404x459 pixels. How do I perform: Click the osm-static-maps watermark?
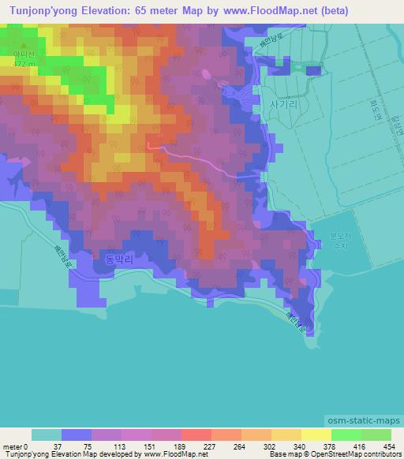366,423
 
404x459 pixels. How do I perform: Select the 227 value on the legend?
196,446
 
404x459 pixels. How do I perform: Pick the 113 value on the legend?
107,446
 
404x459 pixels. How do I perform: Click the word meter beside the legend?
12,446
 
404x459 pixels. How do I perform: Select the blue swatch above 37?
77,435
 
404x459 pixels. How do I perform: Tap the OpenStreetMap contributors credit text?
354,455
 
